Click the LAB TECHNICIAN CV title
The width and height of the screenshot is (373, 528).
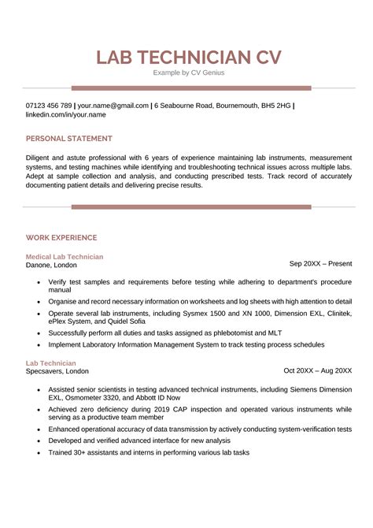(186, 58)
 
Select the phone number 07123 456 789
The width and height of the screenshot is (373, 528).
(49, 105)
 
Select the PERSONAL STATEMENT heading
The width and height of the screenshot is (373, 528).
(68, 139)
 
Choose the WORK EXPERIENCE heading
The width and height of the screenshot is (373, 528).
(61, 237)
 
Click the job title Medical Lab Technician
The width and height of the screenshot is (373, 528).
(65, 257)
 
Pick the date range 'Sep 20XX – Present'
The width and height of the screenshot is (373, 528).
(320, 263)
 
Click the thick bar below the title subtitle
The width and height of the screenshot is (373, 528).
(191, 88)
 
